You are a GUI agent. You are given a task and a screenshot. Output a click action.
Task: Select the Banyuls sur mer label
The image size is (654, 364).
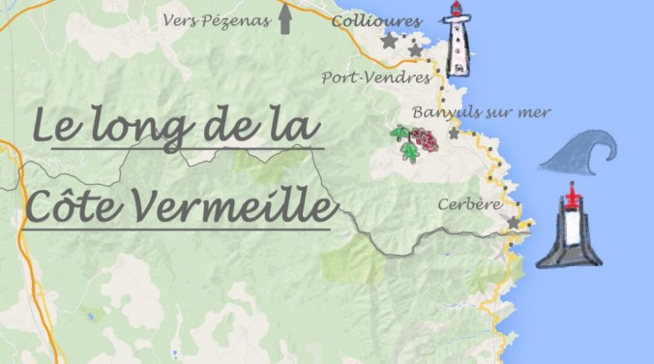coord(481,113)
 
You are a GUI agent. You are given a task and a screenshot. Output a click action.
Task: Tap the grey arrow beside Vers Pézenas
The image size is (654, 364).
coord(285,19)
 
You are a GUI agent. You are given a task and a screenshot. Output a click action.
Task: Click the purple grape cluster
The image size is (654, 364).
coord(425,141)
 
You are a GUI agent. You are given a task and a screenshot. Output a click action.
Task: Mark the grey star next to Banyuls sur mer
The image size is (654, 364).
coord(454,134)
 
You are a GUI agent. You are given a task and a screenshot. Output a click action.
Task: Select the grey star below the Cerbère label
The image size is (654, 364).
coord(513,223)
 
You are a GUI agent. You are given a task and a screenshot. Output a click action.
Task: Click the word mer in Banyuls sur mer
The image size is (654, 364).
coord(532,113)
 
